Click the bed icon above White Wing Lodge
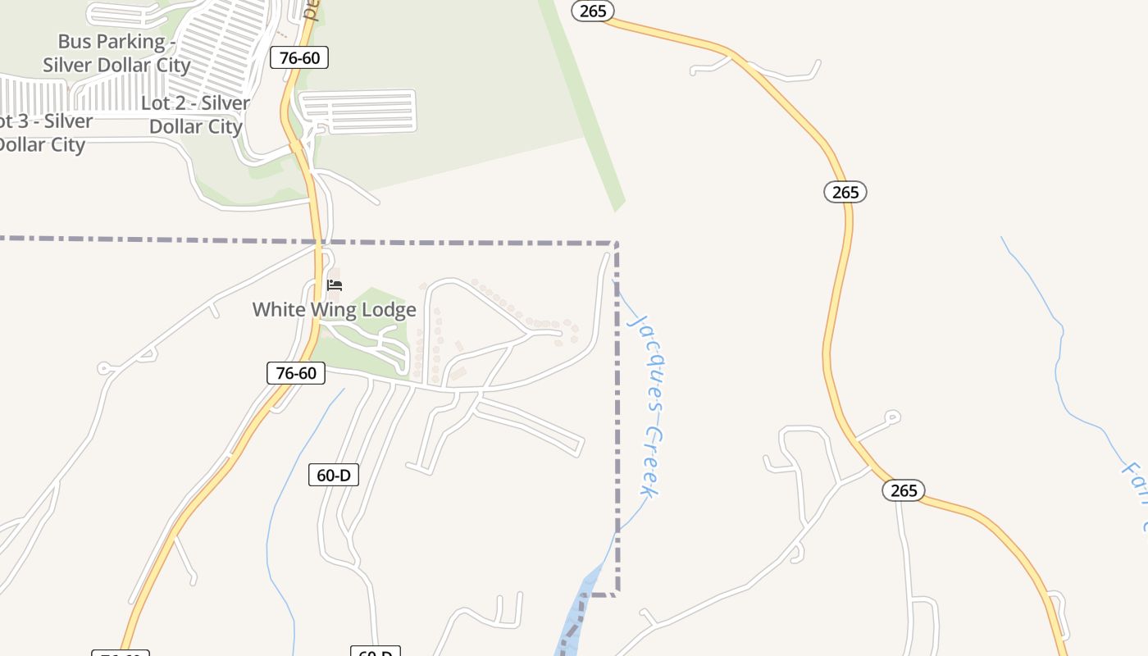pos(335,285)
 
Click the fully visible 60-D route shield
pos(334,475)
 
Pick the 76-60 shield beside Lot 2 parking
pos(298,57)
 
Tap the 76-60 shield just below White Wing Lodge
pos(296,373)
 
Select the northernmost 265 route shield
pos(592,10)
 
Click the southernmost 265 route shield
pos(904,490)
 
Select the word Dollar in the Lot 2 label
pos(177,127)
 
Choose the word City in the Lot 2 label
pos(225,127)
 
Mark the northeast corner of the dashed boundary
pos(616,243)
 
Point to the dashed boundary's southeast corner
pos(616,592)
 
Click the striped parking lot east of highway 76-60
pos(358,112)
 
